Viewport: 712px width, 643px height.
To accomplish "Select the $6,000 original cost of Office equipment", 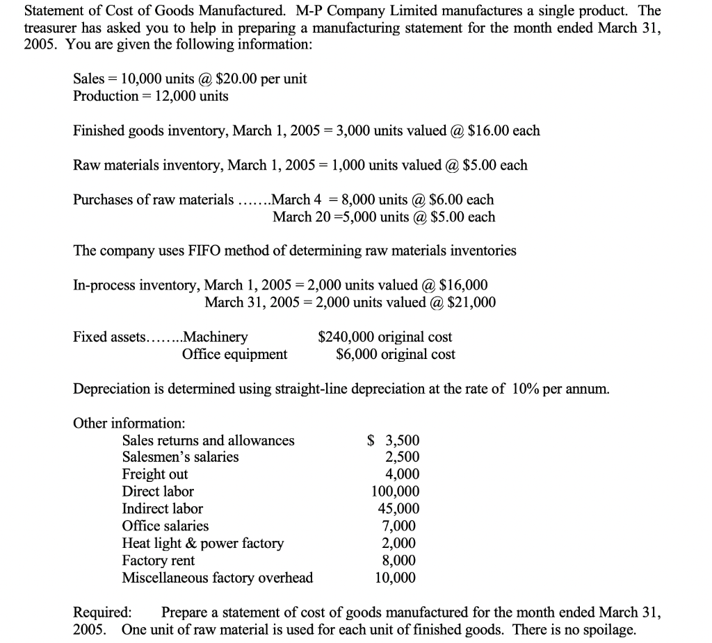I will [x=354, y=355].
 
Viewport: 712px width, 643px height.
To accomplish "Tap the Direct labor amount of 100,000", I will [x=396, y=492].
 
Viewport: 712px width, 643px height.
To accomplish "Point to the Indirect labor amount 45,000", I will [x=398, y=509].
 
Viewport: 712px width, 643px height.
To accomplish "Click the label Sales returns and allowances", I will [x=208, y=440].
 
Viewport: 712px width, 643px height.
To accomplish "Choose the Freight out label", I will [x=154, y=475].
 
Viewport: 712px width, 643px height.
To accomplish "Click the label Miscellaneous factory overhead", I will [x=217, y=578].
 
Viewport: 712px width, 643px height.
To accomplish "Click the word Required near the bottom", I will [x=102, y=612].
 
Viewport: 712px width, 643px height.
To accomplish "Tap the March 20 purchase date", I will [x=300, y=217].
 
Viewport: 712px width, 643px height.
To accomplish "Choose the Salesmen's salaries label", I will [x=180, y=458].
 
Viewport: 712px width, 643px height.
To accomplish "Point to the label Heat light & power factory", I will [x=202, y=544].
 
